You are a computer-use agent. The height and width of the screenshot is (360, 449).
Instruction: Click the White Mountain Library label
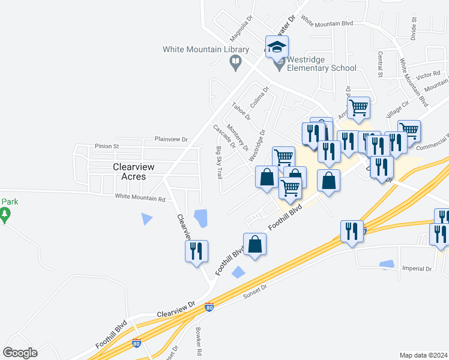click(205, 49)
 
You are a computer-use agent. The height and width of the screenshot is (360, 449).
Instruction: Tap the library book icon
click(236, 62)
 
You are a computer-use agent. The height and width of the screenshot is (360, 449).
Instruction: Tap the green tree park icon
click(5, 215)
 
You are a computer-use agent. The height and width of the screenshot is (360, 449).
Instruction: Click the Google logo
click(20, 353)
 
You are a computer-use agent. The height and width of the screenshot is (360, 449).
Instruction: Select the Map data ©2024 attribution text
click(424, 355)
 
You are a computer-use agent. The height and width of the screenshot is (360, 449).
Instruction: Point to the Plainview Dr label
click(171, 139)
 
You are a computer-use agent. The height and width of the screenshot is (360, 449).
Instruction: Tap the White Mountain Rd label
click(140, 197)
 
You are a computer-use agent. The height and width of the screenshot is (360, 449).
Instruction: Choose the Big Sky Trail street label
click(219, 163)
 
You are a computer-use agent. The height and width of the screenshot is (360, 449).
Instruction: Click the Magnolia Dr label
click(241, 27)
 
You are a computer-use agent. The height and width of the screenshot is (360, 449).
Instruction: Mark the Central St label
click(380, 65)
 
